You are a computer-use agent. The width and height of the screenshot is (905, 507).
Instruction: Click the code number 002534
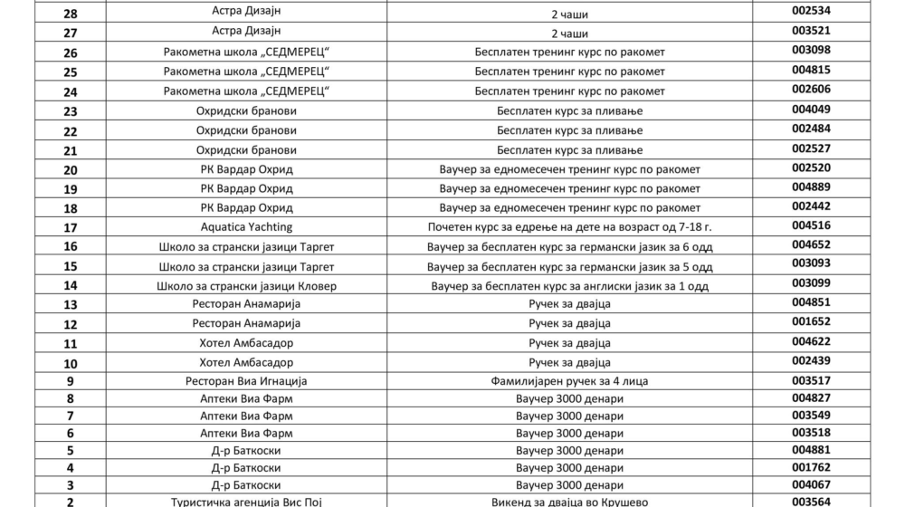point(811,12)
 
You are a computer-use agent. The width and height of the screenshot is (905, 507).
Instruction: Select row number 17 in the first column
point(71,227)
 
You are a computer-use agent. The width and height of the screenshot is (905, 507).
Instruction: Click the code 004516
point(811,225)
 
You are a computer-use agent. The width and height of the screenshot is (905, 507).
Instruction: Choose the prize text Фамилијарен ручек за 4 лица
point(569,382)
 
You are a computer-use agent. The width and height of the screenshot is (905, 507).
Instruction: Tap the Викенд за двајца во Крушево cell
point(569,501)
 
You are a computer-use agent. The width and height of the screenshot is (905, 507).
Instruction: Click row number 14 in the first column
point(71,286)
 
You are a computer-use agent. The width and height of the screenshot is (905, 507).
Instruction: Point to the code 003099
point(811,283)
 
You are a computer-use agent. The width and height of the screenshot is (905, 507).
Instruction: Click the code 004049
point(811,109)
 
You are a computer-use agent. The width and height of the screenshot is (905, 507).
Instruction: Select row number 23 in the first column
point(71,111)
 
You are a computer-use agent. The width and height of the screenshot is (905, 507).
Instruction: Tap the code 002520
point(811,167)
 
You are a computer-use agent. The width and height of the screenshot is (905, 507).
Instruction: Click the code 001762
point(811,467)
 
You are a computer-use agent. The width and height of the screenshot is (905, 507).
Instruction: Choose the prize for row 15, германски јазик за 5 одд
point(569,267)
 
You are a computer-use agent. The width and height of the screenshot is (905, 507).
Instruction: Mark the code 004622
point(811,342)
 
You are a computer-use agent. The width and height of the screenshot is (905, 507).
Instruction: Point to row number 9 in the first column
point(71,382)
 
